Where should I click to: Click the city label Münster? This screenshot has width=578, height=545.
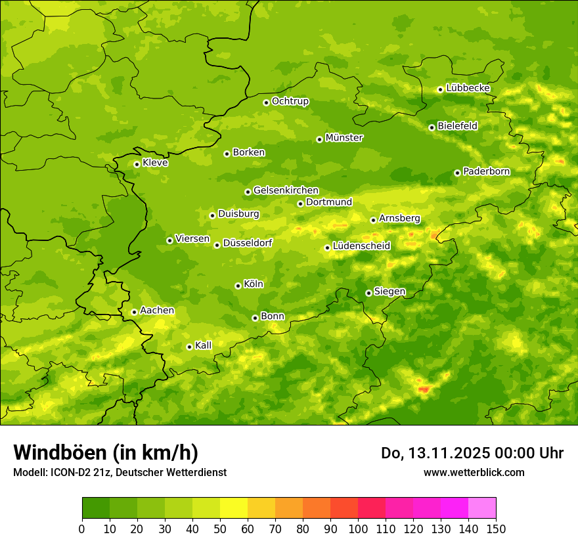tap(344, 138)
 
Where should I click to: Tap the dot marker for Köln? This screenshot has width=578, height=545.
tap(238, 286)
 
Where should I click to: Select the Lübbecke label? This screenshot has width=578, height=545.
tap(468, 88)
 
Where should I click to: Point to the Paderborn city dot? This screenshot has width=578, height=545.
tap(457, 173)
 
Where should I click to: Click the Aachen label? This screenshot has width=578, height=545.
tap(157, 311)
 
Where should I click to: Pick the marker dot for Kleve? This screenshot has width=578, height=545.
tap(137, 164)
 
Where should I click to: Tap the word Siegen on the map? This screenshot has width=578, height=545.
tap(389, 292)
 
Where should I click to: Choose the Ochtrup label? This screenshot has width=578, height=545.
tap(290, 101)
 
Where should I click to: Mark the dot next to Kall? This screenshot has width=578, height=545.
tap(189, 347)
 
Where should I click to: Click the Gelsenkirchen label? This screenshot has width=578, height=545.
tap(286, 190)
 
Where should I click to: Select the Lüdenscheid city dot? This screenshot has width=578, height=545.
tap(327, 248)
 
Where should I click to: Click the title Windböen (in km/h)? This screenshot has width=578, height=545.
tap(105, 452)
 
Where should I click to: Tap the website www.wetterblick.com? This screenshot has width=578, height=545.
tap(474, 472)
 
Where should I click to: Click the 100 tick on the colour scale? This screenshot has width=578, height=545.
tap(358, 529)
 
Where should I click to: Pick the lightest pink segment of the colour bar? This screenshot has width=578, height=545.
tap(482, 508)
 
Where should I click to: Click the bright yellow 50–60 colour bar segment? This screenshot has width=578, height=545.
tap(234, 508)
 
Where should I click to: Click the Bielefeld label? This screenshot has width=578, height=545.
tap(457, 126)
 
